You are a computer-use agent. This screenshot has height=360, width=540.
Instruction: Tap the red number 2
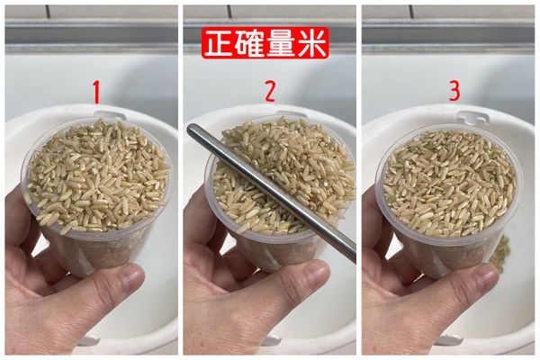click(269, 92)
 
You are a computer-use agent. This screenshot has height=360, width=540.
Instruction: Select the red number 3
click(454, 92)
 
